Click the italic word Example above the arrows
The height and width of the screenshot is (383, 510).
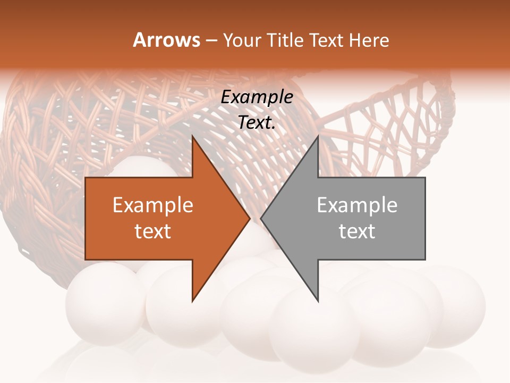tap(257, 97)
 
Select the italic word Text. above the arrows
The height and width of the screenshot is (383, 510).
tap(257, 122)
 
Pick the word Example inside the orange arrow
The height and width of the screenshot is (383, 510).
tap(153, 205)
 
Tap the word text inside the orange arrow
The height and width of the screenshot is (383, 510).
tap(153, 231)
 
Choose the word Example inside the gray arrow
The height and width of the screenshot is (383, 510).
tap(357, 205)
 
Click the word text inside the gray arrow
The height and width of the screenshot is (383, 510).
tap(357, 231)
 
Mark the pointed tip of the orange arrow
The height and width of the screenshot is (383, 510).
tap(249, 218)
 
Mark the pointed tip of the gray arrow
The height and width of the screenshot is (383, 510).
tap(261, 218)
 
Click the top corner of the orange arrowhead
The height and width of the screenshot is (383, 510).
tap(192, 136)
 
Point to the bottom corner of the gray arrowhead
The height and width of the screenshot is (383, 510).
tap(318, 301)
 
